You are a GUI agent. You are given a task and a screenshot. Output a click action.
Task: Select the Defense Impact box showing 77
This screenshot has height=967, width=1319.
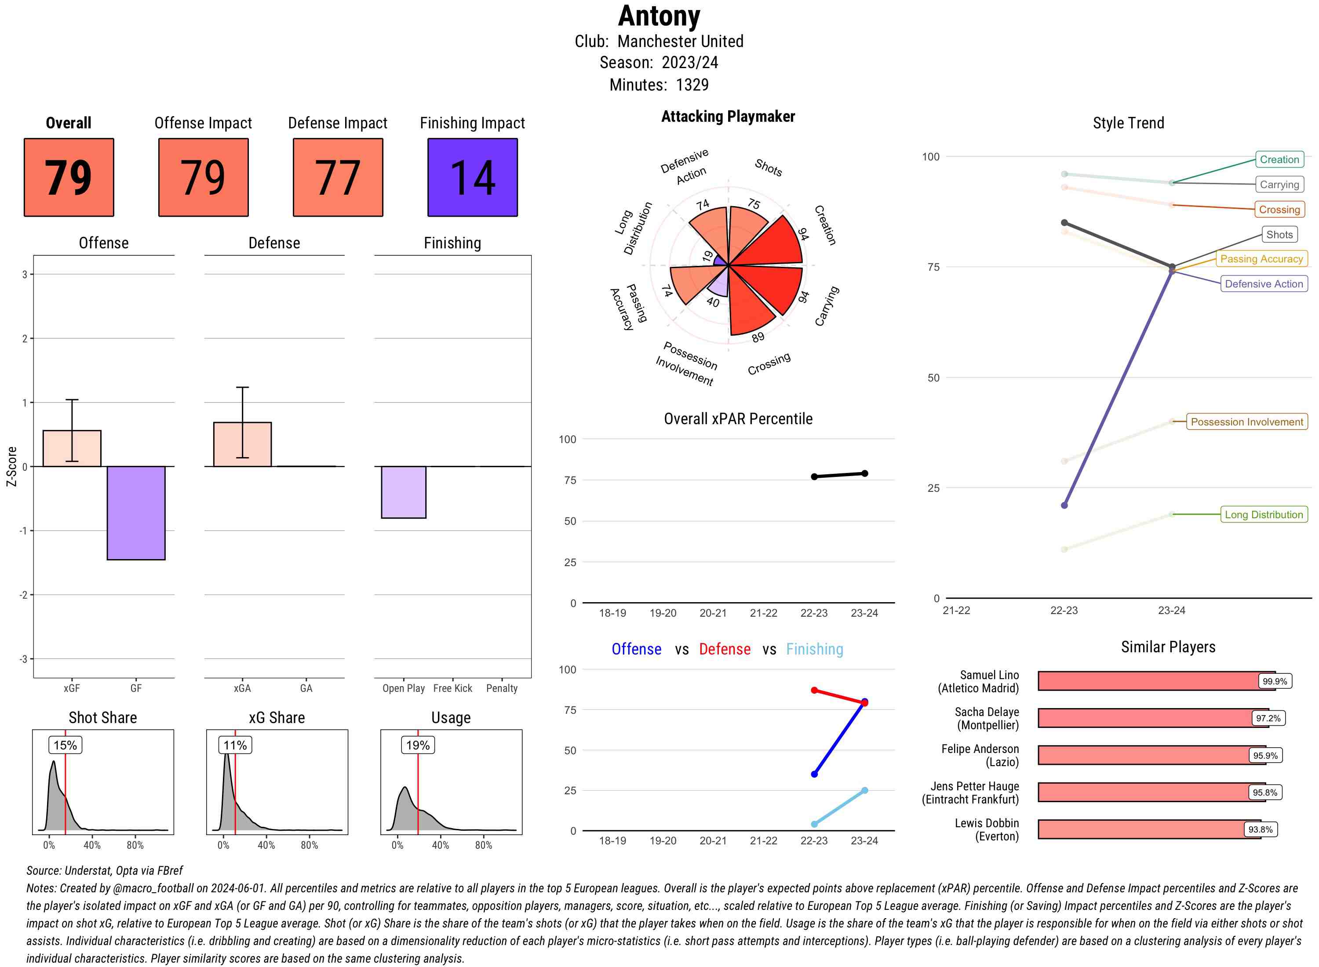(338, 178)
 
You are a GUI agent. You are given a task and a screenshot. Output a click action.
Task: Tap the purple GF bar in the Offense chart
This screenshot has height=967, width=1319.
(136, 513)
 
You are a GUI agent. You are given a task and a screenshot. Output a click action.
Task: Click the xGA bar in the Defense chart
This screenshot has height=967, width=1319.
(242, 444)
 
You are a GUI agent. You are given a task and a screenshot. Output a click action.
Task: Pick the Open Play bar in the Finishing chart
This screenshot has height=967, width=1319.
(403, 492)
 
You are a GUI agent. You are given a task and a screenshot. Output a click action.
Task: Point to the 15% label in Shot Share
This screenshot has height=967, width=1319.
(65, 745)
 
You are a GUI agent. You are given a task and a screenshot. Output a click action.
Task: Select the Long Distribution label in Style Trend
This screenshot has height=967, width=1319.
(1264, 515)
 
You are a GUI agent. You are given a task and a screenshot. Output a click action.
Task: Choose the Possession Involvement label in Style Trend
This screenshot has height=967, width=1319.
(1246, 422)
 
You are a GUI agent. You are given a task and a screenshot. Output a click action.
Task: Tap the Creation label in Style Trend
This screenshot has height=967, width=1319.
(1279, 159)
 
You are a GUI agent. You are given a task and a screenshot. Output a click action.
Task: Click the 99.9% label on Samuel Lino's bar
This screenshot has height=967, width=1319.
(1275, 681)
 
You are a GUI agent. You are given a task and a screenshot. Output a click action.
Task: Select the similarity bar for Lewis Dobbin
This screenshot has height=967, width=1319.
(1148, 829)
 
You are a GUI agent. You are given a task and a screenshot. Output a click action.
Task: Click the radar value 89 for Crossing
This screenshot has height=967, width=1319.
(758, 338)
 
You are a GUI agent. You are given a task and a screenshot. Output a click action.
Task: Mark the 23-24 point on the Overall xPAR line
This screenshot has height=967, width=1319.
(865, 473)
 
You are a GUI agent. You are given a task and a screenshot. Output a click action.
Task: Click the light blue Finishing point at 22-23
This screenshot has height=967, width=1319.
(814, 824)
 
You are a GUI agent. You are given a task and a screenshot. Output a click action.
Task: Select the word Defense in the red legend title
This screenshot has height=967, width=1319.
(724, 649)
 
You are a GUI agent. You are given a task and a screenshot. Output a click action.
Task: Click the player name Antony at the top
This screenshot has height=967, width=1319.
(659, 16)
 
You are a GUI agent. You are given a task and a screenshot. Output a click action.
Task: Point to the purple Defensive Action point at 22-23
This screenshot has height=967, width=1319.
(1064, 505)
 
